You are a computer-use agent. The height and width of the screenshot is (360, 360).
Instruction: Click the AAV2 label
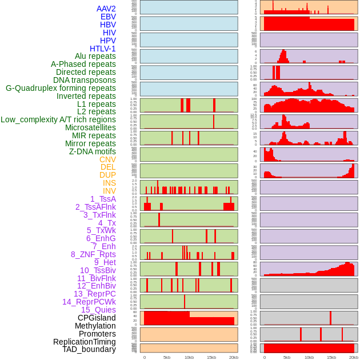coord(106,9)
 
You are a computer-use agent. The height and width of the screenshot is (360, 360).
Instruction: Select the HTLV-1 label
coord(102,49)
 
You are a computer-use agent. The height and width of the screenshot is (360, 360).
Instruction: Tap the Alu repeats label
coord(95,56)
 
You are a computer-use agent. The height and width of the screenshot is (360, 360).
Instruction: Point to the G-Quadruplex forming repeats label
coord(61,88)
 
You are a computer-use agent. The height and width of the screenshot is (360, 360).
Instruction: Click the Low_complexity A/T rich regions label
coord(58,119)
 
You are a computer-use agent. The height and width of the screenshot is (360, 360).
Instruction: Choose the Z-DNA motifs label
coord(92,151)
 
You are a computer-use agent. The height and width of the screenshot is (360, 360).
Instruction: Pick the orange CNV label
coord(107,159)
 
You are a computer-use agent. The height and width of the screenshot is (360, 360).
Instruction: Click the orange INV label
coord(109,191)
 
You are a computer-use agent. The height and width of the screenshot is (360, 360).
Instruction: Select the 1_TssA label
coord(103,199)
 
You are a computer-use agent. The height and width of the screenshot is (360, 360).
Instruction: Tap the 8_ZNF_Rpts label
coord(93,254)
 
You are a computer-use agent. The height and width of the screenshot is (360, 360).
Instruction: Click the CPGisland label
coord(97,318)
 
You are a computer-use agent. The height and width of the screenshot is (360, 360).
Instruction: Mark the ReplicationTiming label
coord(85,342)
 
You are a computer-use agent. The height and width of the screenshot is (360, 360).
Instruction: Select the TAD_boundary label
coord(89,349)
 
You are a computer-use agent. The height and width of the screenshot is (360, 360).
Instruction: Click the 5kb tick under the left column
coord(167,357)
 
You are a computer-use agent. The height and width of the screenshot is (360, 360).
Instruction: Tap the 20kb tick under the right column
coord(354,357)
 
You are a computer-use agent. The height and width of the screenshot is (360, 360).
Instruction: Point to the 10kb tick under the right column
coord(309,357)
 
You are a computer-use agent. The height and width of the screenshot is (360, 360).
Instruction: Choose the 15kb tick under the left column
coord(211,357)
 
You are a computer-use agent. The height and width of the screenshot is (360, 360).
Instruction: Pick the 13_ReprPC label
coord(94,294)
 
